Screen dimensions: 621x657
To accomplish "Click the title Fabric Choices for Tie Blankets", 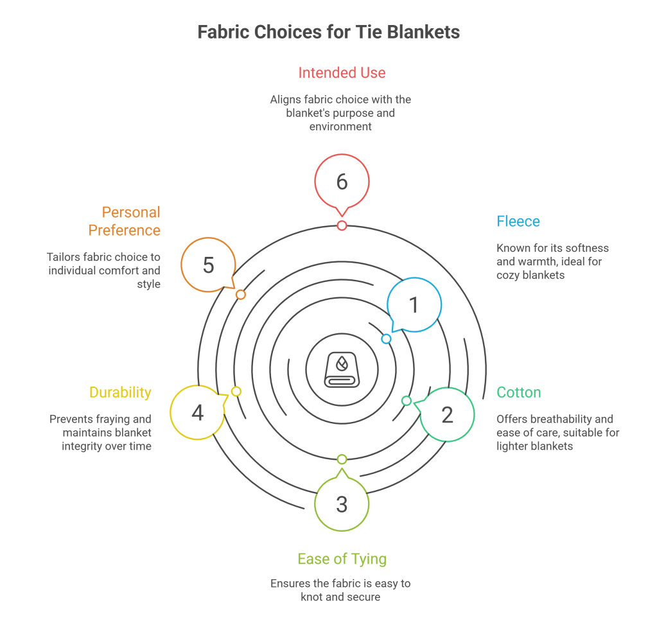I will tap(328, 32).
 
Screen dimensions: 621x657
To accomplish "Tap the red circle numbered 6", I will tap(342, 182).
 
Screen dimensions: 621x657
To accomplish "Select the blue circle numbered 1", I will tap(414, 304).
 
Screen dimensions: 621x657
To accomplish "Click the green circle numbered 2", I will tap(448, 414).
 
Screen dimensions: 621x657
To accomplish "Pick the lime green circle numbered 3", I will tap(342, 504).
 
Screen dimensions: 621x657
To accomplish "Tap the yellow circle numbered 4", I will tap(197, 412).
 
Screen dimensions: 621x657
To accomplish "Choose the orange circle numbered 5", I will tap(208, 265).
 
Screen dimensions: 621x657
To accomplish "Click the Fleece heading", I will tap(518, 222).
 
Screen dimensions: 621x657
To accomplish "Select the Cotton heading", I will tap(519, 392).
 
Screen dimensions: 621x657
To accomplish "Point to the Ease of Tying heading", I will tap(342, 559).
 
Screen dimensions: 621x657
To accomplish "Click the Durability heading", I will tap(120, 392).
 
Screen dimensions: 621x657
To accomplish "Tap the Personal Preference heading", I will tap(124, 221).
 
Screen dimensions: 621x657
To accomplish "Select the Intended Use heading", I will tap(342, 73).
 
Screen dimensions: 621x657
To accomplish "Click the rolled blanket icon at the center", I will tap(342, 369).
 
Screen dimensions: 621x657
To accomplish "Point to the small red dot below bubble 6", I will tap(342, 225).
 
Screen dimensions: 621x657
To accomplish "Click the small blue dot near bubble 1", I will tap(386, 338).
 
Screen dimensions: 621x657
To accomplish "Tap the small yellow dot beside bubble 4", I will tap(236, 391).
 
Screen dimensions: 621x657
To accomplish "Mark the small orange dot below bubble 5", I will tap(240, 295).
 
